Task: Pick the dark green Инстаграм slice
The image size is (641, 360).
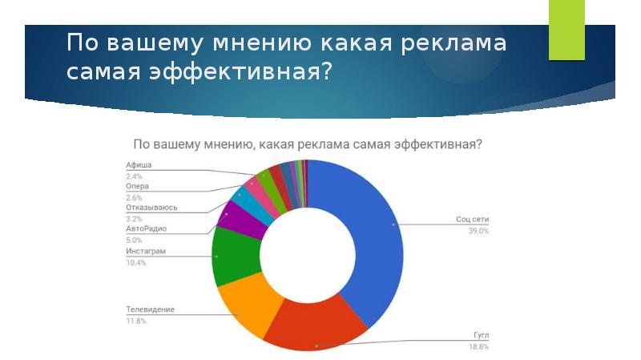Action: pos(235,256)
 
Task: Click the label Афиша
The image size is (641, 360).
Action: pos(139,165)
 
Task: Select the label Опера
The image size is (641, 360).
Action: pos(137,186)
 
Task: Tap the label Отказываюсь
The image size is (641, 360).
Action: pos(151,208)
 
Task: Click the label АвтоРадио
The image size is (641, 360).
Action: pos(147,229)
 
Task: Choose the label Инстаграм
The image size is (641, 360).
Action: pos(146,251)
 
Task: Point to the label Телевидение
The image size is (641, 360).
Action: pos(150,309)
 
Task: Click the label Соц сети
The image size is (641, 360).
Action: pos(472,219)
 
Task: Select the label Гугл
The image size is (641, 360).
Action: pos(482,335)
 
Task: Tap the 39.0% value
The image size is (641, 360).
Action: pos(478,231)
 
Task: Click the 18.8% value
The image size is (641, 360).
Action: pos(478,347)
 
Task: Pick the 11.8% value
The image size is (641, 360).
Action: pos(136,322)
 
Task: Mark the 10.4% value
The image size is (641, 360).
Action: pos(136,263)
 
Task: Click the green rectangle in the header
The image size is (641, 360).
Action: pos(566,30)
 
